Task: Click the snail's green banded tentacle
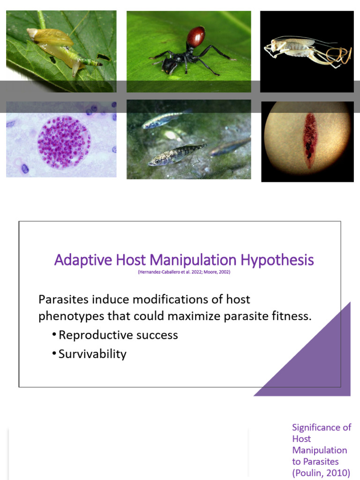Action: [91, 62]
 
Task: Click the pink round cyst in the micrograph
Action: [64, 142]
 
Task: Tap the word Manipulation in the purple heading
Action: [187, 260]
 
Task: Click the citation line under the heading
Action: [184, 272]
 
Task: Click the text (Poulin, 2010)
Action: [321, 472]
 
